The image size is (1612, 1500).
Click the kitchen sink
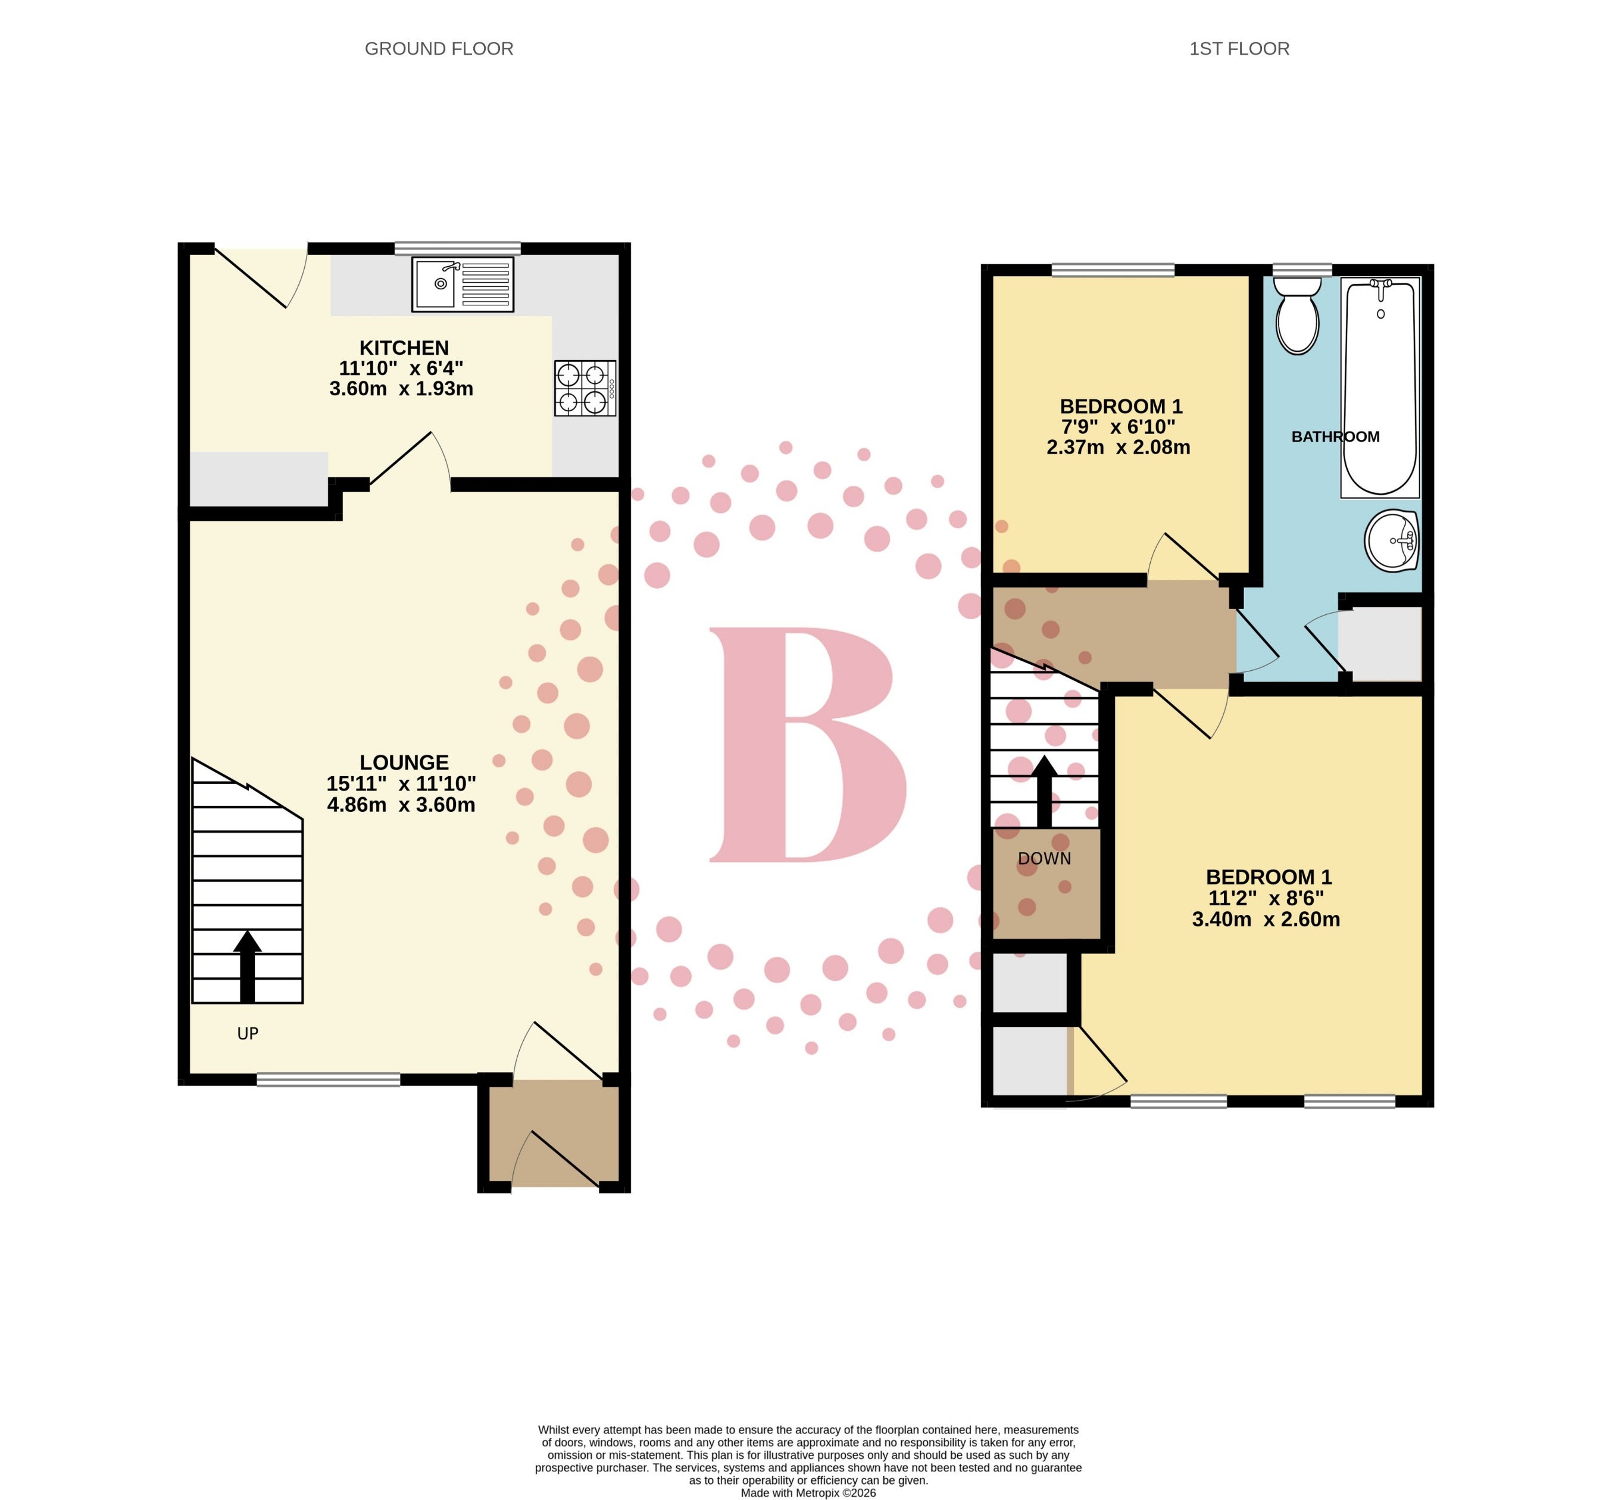(462, 284)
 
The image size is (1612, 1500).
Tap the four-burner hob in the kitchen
(585, 388)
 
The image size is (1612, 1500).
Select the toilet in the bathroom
(1297, 315)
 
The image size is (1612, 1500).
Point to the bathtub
(1380, 387)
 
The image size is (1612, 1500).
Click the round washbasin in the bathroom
(1391, 540)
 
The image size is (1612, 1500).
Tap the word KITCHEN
(404, 348)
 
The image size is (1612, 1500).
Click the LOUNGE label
(404, 762)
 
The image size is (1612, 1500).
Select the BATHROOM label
(1335, 437)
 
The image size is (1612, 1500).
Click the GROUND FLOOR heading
(439, 49)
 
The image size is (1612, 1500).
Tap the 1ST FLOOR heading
(1239, 49)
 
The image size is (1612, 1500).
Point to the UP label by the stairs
(247, 1033)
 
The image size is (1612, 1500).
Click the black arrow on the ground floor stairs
(247, 967)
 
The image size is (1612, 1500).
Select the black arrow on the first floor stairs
(1044, 791)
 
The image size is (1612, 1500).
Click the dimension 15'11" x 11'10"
(401, 784)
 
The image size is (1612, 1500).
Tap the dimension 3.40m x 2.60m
(1266, 920)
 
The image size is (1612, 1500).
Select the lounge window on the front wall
(329, 1079)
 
